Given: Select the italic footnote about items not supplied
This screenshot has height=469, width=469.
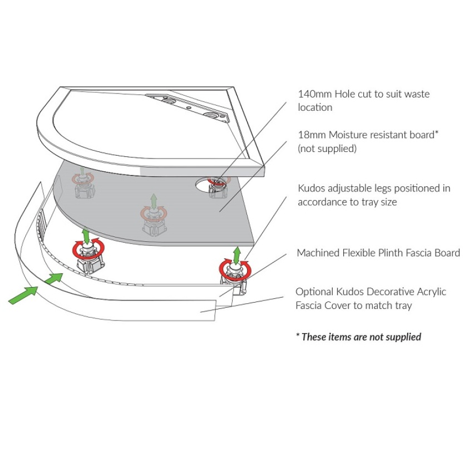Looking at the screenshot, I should (358, 337).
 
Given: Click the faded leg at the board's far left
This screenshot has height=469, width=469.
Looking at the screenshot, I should (82, 183).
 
